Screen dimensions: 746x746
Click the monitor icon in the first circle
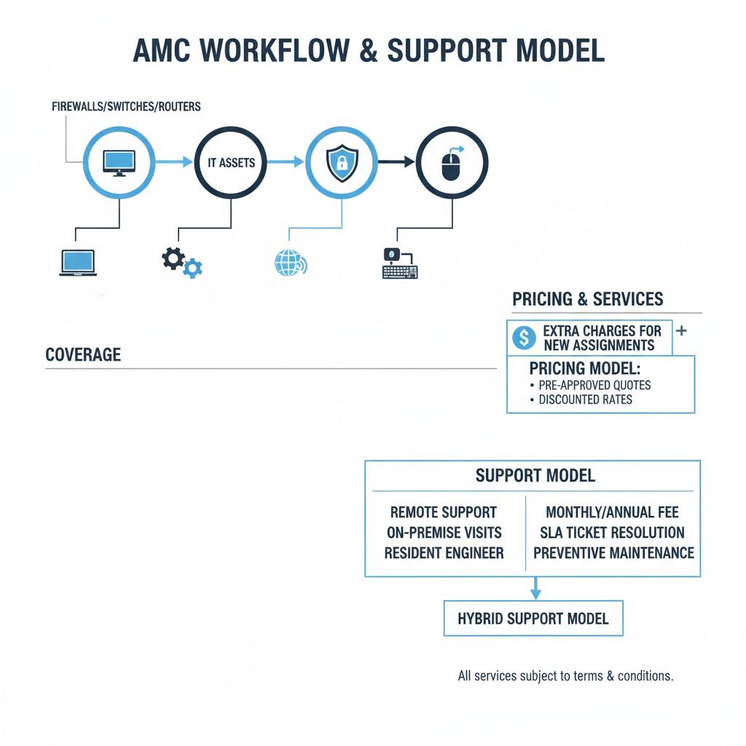tap(119, 162)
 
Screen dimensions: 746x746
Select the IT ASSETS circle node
tap(231, 163)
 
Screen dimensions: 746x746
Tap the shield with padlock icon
tap(341, 162)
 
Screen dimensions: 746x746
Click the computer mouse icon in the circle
tap(451, 163)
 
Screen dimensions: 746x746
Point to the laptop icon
tap(78, 262)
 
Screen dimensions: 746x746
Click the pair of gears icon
tap(181, 262)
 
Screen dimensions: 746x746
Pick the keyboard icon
tap(400, 263)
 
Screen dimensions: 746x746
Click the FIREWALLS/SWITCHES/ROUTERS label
tap(126, 106)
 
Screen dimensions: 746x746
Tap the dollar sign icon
tap(524, 337)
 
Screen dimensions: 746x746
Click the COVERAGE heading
tap(83, 356)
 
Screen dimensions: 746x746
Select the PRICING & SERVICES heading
tap(587, 299)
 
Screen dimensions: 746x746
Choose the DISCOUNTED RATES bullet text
tap(585, 399)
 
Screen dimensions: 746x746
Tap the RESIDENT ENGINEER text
tap(444, 553)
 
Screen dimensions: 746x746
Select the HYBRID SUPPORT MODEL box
tap(533, 619)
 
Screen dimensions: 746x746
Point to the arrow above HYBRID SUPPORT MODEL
tap(535, 588)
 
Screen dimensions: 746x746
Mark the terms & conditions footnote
tap(565, 676)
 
